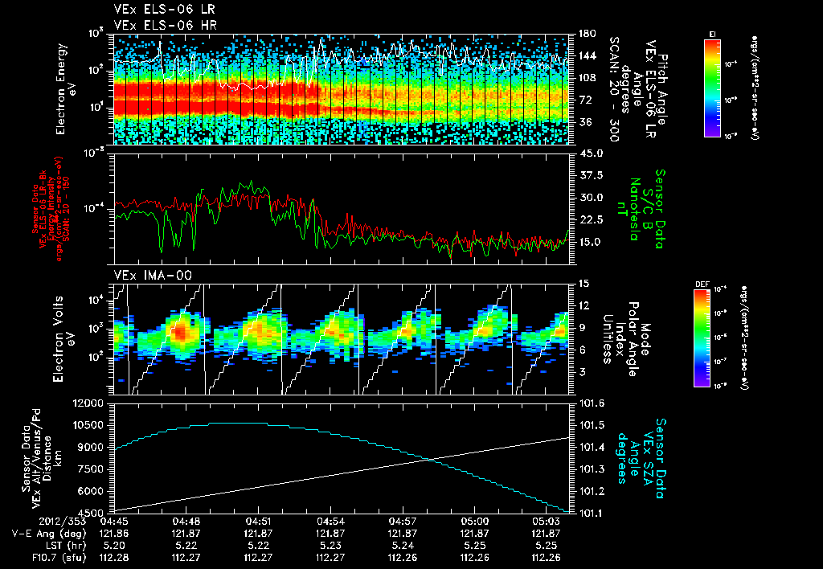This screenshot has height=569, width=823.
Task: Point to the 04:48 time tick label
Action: coord(186,521)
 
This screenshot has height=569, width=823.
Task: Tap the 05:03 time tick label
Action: coord(546,521)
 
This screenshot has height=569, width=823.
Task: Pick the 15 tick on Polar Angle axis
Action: coord(583,284)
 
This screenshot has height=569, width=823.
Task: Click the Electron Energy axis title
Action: coord(65,89)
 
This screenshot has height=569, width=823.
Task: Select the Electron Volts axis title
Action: coord(65,338)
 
